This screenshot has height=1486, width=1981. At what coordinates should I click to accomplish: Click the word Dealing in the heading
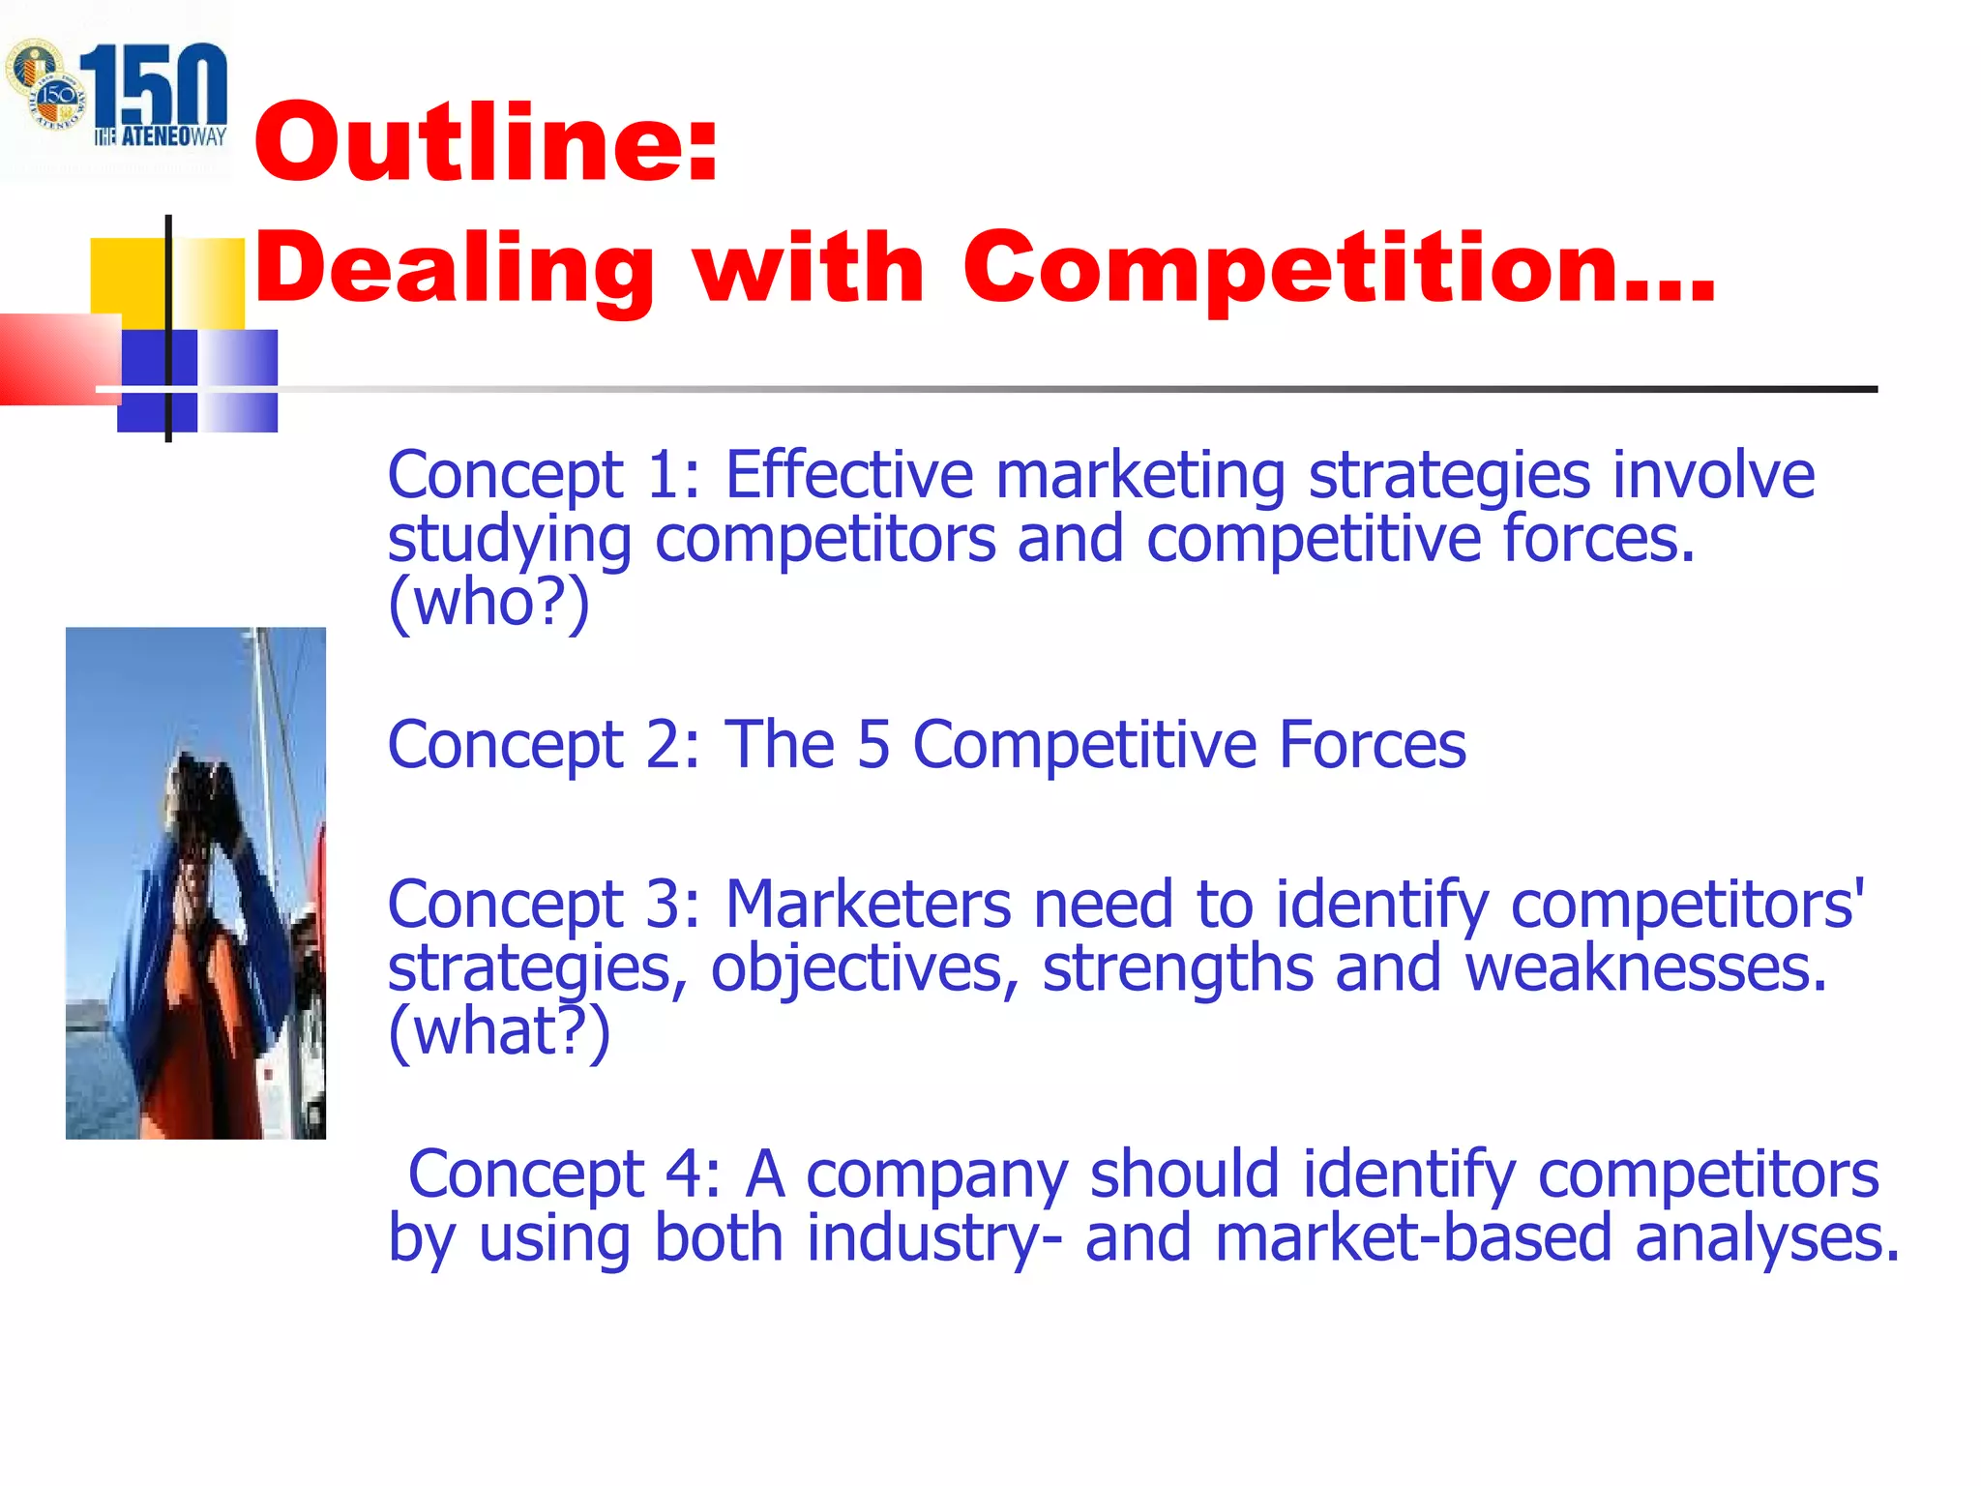click(x=455, y=269)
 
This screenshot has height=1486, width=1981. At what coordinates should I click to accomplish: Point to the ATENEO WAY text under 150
click(x=161, y=136)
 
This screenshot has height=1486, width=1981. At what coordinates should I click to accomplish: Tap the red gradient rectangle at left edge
click(x=53, y=358)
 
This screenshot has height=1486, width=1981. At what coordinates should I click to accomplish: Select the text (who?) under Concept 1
click(x=488, y=602)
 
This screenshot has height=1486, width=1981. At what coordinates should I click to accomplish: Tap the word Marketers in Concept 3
click(x=868, y=904)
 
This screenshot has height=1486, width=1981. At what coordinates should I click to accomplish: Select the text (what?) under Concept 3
click(x=499, y=1031)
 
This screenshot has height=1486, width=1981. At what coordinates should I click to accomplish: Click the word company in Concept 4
click(x=936, y=1174)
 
